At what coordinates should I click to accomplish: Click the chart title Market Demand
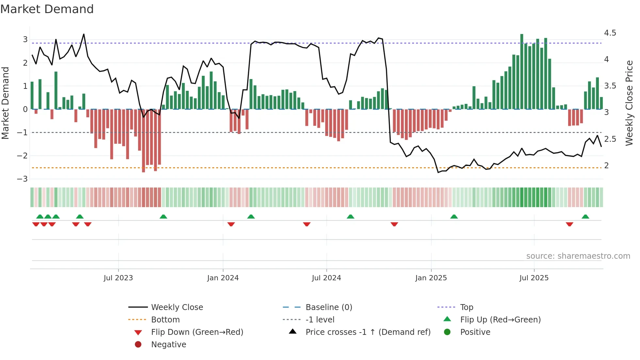point(47,9)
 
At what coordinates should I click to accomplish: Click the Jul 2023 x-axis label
point(118,278)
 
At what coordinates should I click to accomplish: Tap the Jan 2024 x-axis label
point(223,278)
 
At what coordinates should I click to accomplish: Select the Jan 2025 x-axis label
point(431,278)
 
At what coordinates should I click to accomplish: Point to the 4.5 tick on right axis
point(610,33)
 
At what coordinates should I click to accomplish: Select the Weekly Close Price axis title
point(629,103)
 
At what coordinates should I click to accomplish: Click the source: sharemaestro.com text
point(578,256)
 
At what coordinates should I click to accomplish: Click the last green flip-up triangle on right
point(585,217)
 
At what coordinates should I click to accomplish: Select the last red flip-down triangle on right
point(569,224)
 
